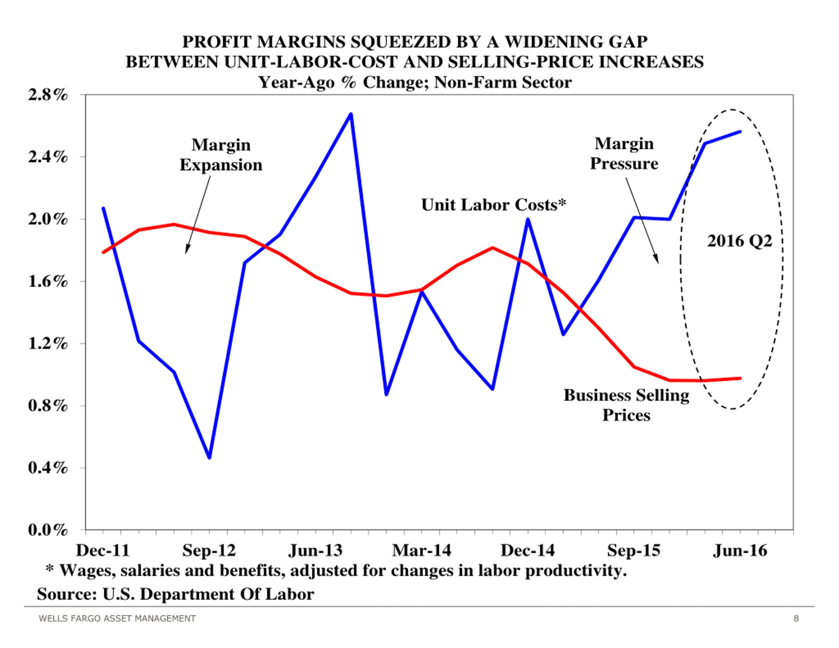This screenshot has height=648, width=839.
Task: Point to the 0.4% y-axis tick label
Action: point(48,468)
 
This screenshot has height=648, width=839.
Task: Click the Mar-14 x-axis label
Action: point(421,550)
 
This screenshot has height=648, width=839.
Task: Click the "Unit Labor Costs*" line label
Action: point(493,205)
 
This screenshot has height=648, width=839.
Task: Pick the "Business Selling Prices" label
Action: point(626,405)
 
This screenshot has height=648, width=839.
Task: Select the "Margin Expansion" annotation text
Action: point(221,155)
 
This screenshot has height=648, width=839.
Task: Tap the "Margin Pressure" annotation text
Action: point(624,153)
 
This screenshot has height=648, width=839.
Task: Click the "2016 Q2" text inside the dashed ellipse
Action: point(739,241)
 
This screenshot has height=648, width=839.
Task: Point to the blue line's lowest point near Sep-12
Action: point(209,457)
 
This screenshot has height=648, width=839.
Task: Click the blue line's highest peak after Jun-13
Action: point(351,114)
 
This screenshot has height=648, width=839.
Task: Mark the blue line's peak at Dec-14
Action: point(528,219)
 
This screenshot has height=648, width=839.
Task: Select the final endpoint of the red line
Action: point(740,378)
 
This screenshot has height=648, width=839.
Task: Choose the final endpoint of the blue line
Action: point(740,132)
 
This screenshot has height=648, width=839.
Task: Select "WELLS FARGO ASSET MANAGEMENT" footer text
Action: point(117,619)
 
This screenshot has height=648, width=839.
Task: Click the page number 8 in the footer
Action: point(796,619)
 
